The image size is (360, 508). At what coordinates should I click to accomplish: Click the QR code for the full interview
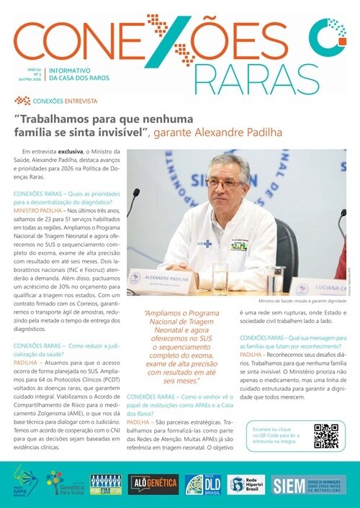(x=325, y=436)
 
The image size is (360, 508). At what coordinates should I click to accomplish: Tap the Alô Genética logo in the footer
(x=153, y=484)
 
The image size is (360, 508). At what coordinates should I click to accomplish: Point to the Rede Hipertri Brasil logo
(x=246, y=484)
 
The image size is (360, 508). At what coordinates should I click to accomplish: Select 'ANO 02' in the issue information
(x=33, y=70)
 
